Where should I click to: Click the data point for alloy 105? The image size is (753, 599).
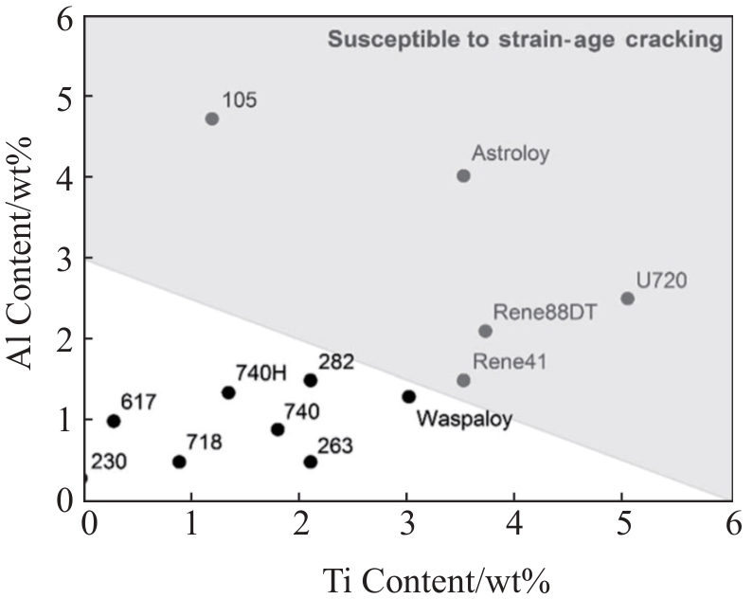(x=212, y=118)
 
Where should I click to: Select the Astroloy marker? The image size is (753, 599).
(x=463, y=175)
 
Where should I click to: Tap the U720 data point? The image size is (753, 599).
(x=627, y=299)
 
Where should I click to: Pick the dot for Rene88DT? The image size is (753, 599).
(x=485, y=331)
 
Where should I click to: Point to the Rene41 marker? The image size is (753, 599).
(x=463, y=380)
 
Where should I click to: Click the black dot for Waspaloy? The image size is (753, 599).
(x=408, y=396)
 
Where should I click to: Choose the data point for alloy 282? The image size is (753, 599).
(x=310, y=380)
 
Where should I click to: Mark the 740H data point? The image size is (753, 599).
(x=228, y=392)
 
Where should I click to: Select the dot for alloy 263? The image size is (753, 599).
(x=310, y=462)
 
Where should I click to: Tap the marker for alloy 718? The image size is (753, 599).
(x=179, y=462)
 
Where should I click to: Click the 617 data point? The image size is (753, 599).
(x=114, y=421)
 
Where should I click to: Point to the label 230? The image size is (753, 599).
(x=109, y=462)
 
